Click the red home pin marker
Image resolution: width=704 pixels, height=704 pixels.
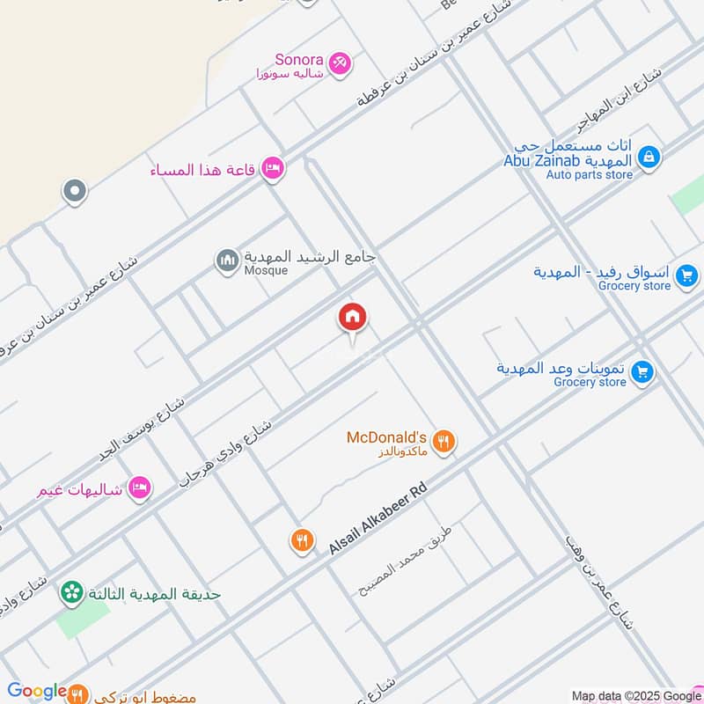(x=353, y=319)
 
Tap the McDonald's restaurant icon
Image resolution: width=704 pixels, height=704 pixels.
(x=444, y=442)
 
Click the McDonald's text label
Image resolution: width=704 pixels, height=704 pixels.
(x=386, y=437)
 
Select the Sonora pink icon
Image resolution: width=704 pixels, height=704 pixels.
(x=340, y=62)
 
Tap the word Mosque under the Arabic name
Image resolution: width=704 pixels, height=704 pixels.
(x=267, y=271)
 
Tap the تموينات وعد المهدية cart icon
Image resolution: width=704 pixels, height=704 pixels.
(x=642, y=372)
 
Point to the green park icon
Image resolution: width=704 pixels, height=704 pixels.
(x=71, y=593)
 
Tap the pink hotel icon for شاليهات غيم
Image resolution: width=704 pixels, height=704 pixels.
(x=138, y=487)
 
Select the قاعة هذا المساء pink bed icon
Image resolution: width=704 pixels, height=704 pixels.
(x=273, y=168)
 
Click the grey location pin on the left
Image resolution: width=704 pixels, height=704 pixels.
(x=75, y=191)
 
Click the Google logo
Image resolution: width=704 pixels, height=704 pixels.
(x=37, y=692)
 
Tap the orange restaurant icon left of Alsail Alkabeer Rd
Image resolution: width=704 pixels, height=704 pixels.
(x=302, y=540)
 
